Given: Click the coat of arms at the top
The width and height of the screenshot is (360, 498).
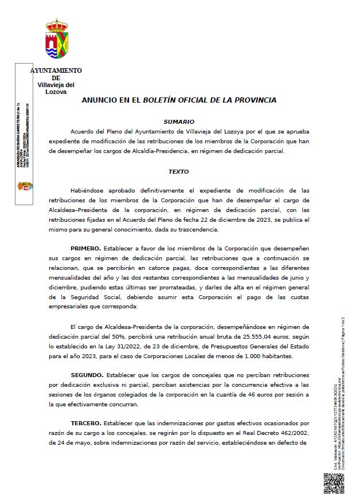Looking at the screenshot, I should (x=57, y=41).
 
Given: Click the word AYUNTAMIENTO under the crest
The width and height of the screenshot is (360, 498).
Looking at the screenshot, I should (x=56, y=70).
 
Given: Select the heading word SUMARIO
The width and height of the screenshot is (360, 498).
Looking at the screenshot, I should (x=179, y=121).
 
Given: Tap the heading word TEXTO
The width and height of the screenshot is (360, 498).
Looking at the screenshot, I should (x=178, y=171).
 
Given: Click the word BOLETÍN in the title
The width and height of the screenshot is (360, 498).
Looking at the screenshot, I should (x=163, y=100).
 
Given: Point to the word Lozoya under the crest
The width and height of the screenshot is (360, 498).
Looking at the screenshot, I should (x=56, y=92).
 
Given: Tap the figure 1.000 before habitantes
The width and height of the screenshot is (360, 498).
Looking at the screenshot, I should (x=244, y=356).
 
